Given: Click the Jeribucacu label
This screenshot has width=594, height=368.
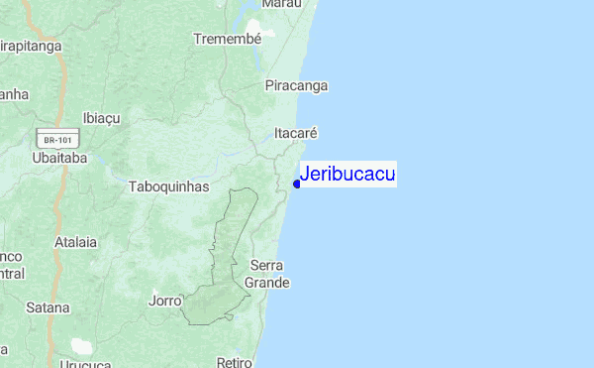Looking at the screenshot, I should click(347, 175).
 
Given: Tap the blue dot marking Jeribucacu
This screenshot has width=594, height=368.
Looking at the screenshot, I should click(297, 184).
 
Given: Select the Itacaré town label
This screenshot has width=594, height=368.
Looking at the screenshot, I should click(295, 132).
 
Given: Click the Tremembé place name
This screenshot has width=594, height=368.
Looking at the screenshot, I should click(228, 39).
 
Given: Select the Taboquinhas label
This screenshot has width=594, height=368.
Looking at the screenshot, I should click(168, 185).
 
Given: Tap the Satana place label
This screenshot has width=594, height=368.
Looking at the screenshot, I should click(49, 307).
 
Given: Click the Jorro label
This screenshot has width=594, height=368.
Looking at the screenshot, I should click(165, 300).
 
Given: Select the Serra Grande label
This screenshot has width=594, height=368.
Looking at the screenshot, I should click(268, 274).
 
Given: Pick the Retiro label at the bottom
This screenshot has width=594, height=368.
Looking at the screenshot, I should click(235, 362).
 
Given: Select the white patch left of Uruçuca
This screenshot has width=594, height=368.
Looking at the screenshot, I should click(81, 347).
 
